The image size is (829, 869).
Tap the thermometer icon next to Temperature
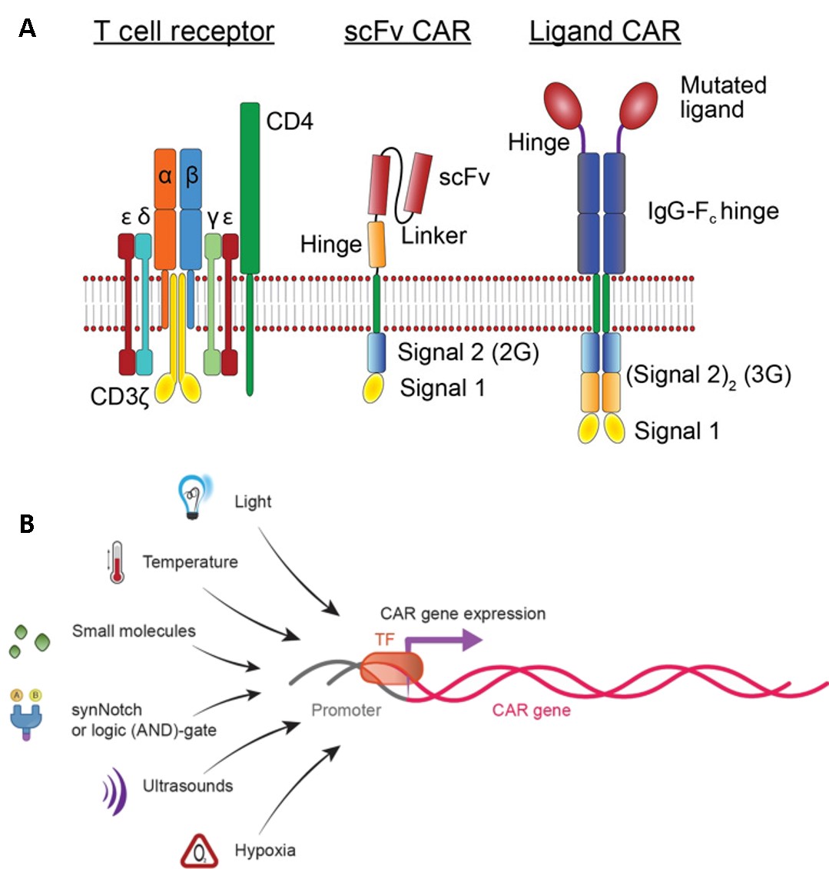117,562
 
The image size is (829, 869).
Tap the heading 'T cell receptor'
184,32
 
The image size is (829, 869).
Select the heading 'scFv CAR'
407,32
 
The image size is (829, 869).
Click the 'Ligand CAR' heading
605,32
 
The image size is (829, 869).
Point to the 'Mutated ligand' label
723,97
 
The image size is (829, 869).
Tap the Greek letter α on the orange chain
165,176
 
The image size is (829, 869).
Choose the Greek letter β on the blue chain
191,176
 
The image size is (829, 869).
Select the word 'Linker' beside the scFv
434,235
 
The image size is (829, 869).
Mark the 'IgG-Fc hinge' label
713,211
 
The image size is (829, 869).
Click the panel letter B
26,524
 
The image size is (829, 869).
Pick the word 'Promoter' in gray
347,710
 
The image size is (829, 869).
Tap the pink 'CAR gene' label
532,709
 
